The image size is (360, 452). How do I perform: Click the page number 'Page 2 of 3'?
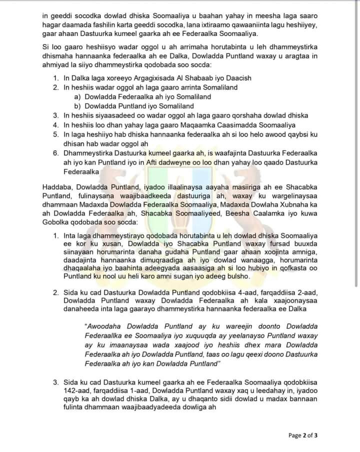[303, 435]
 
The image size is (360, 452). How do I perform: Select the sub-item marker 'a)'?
[77, 97]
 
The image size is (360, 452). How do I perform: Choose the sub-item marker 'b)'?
[77, 106]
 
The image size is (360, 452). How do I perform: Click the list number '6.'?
[56, 152]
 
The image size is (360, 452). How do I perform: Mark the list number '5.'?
[56, 134]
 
